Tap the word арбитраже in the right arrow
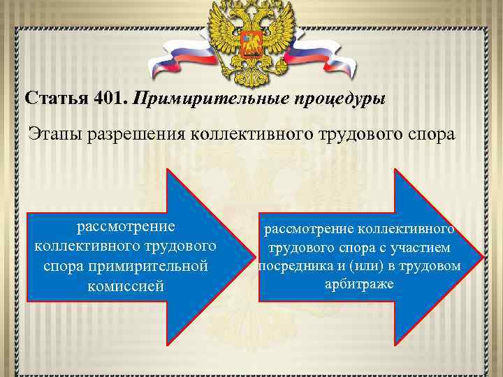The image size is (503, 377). [359, 285]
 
